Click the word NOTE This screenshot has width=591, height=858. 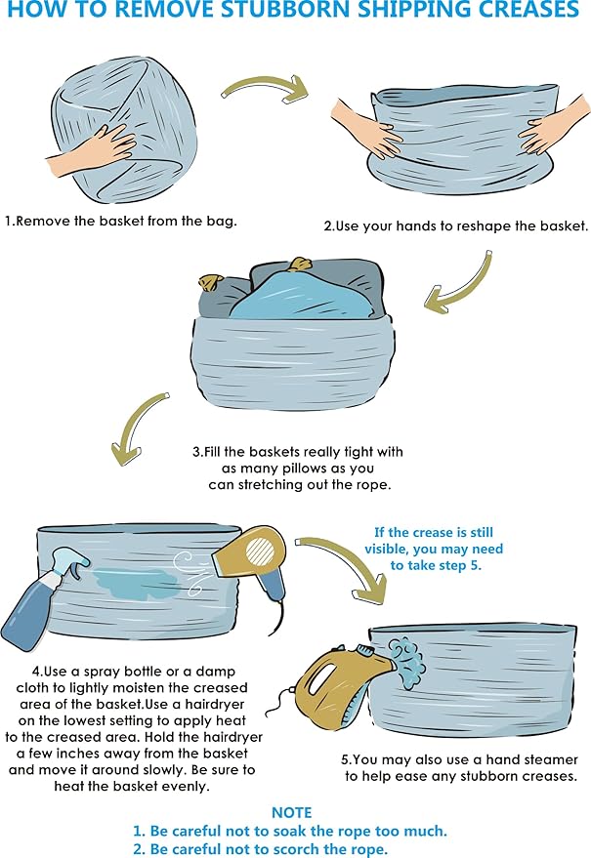click(x=291, y=812)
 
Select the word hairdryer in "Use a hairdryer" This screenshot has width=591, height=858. click(x=215, y=704)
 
